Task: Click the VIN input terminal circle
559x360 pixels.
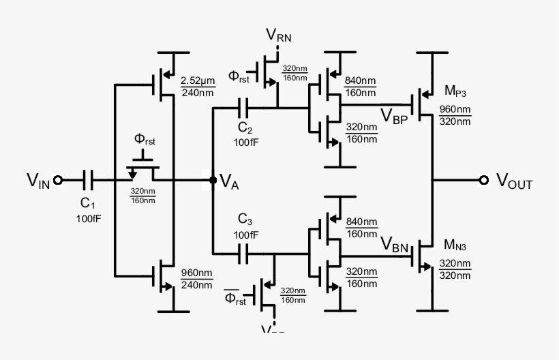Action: [58, 180]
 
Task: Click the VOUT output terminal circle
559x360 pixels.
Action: [484, 180]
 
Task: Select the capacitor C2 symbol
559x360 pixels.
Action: [245, 107]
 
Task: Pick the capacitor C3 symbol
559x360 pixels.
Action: [245, 254]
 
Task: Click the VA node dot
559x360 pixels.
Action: [213, 180]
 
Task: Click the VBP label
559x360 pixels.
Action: [395, 114]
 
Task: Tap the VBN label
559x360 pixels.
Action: [395, 243]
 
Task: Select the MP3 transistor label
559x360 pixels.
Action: [455, 91]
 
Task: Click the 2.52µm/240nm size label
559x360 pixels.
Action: [197, 86]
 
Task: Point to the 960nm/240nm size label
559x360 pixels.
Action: [196, 279]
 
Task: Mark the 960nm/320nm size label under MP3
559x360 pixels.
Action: [455, 115]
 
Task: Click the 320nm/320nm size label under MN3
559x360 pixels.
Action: [455, 269]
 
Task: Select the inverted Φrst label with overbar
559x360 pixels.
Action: [235, 298]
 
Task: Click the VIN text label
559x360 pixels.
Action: [38, 180]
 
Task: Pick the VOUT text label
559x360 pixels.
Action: [514, 181]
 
